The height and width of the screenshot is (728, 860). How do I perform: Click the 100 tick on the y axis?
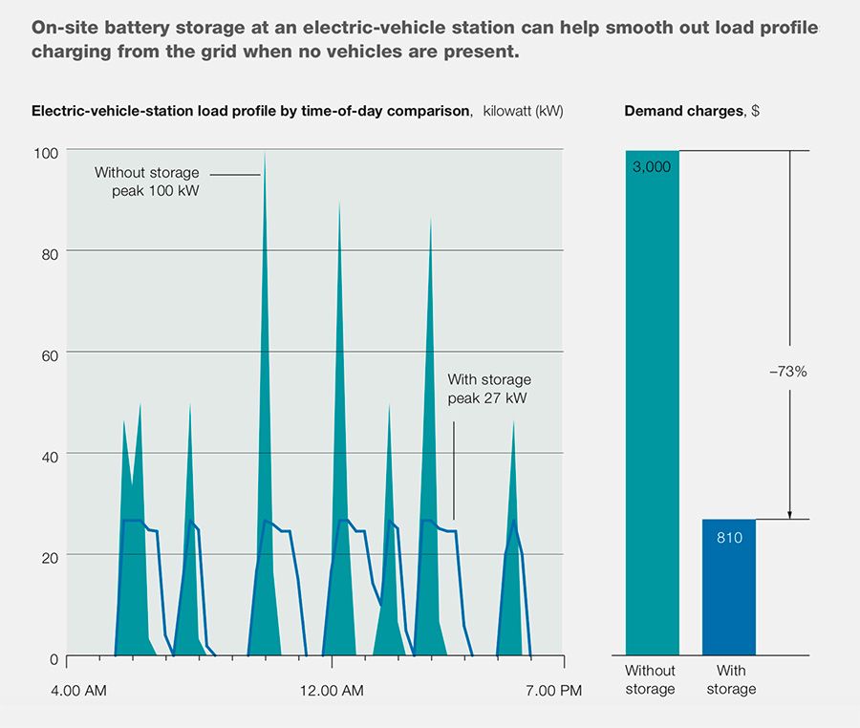pos(47,152)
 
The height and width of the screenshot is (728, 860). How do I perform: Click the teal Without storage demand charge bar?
pos(652,401)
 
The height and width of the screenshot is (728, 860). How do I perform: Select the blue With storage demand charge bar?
pos(728,588)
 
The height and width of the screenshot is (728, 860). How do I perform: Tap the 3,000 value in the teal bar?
pos(652,166)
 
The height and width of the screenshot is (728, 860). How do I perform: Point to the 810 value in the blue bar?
pos(728,537)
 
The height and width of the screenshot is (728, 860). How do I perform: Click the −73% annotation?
pos(788,372)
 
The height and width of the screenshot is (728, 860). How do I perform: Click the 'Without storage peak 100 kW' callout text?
pos(148,182)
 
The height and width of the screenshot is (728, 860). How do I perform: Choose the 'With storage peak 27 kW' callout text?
pos(488,389)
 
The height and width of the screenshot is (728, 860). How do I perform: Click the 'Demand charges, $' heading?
pos(692,111)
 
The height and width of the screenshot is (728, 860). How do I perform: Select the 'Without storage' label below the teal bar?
pos(650,680)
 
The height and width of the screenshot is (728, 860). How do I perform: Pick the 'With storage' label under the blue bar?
pos(730,680)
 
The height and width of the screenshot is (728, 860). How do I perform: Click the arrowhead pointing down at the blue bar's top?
pos(789,513)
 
